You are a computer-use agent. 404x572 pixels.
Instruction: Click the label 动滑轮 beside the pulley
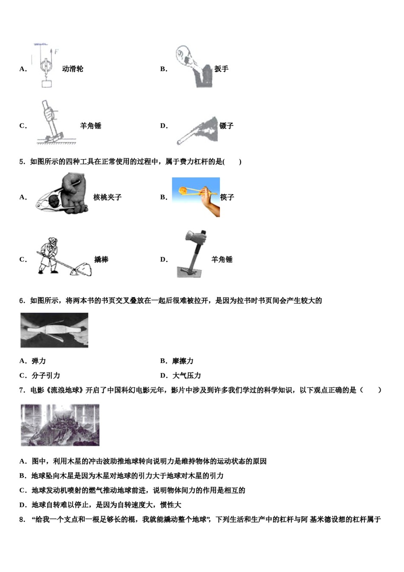point(73,69)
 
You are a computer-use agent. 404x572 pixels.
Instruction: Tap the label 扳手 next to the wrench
point(221,69)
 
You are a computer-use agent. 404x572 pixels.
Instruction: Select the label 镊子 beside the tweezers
point(226,126)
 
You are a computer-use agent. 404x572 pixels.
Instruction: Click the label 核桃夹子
point(107,197)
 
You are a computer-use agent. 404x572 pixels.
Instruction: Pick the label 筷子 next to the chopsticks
point(227,197)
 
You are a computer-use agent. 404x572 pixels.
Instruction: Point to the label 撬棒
point(101,260)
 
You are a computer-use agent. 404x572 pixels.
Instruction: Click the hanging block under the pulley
point(46,83)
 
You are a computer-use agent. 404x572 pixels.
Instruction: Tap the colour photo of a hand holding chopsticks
point(196,197)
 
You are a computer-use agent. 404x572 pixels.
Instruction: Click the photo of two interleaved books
point(54,330)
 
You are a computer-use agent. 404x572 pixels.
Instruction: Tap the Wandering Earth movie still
point(60,425)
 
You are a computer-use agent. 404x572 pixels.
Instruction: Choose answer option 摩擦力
point(182,361)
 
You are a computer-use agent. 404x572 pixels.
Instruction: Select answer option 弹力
point(39,361)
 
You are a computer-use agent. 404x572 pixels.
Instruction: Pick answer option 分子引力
point(46,376)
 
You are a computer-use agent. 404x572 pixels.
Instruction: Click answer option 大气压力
point(186,376)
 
